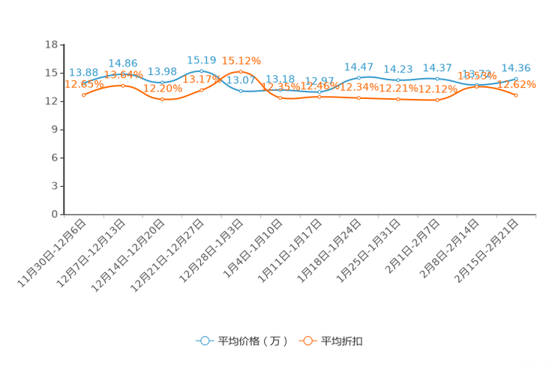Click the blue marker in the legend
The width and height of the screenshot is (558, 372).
[204, 340]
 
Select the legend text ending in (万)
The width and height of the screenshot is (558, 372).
[252, 341]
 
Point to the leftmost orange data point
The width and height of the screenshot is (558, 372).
[83, 95]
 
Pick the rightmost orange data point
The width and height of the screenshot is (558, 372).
[516, 95]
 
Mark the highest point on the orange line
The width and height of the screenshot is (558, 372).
[241, 72]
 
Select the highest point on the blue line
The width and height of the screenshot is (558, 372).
[201, 71]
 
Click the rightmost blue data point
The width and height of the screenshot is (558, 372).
[516, 78]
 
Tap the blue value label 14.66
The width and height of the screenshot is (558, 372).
[122, 61]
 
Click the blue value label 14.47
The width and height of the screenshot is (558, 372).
[358, 67]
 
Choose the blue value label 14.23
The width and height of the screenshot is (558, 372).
[397, 68]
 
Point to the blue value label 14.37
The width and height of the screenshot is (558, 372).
[436, 67]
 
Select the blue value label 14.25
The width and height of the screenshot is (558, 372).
[516, 67]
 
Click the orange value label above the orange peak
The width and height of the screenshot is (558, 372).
[241, 61]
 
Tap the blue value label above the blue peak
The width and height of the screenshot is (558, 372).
[202, 60]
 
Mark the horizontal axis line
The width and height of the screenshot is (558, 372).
[300, 214]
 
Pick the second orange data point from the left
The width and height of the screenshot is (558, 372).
[123, 85]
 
